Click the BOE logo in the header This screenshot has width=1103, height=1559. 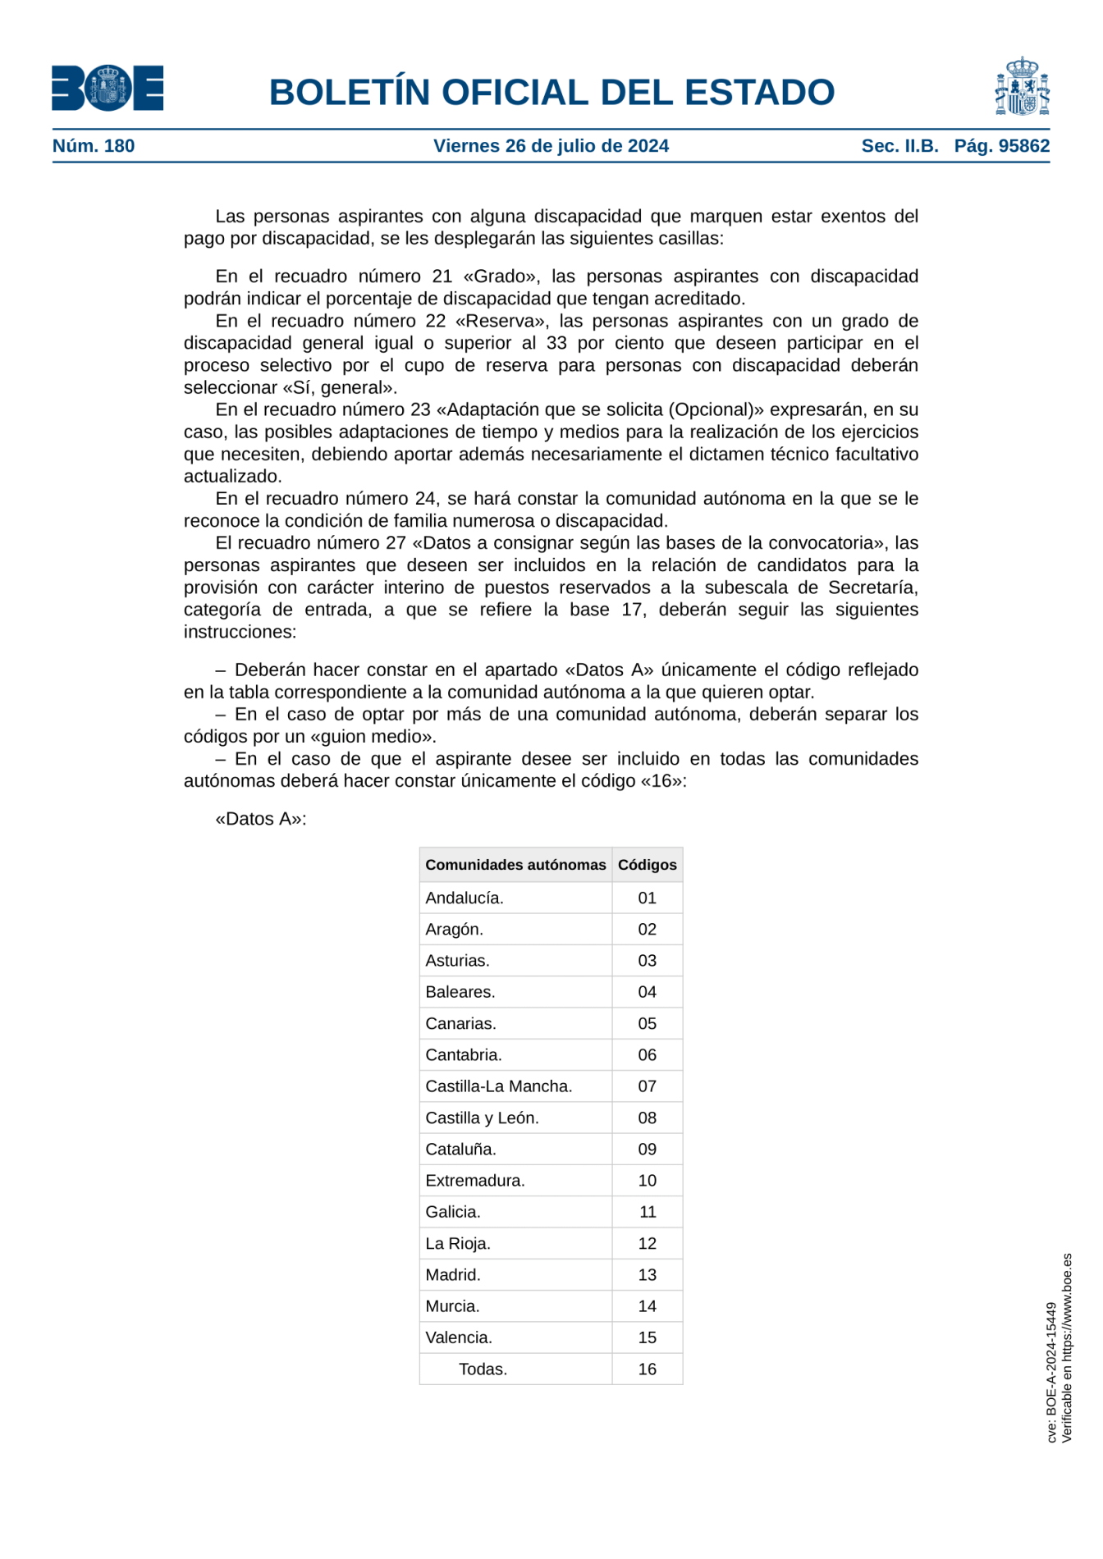click(108, 88)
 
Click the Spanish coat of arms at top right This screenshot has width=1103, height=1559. click(1022, 86)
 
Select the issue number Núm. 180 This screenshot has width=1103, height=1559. click(94, 146)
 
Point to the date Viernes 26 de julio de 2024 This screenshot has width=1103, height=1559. click(551, 146)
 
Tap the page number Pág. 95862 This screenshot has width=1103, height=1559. click(1001, 146)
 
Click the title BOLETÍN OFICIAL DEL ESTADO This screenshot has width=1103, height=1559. click(551, 92)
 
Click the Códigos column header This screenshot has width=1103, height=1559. click(647, 865)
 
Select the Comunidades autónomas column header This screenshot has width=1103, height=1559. click(515, 865)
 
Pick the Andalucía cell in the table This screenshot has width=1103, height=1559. click(465, 898)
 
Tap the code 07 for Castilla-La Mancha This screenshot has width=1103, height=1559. click(647, 1086)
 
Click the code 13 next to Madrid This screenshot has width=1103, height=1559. click(647, 1274)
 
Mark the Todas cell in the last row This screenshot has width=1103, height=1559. click(483, 1369)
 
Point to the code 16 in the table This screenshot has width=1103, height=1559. click(647, 1369)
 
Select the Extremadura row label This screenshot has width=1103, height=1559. click(474, 1180)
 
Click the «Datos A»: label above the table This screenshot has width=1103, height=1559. click(260, 819)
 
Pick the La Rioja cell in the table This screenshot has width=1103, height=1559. click(457, 1243)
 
